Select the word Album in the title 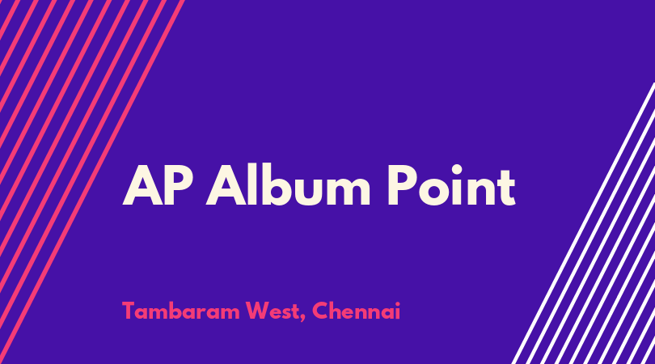(x=288, y=184)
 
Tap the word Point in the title (x=452, y=184)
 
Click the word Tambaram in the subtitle (x=181, y=311)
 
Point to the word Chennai (x=357, y=311)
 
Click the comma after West (x=303, y=319)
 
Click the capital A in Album (x=226, y=185)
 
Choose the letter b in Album (x=279, y=184)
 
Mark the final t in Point (x=506, y=188)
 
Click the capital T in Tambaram (x=129, y=311)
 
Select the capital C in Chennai (x=320, y=311)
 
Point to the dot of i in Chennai (x=397, y=304)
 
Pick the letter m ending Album (x=349, y=191)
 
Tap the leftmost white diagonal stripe (x=583, y=223)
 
